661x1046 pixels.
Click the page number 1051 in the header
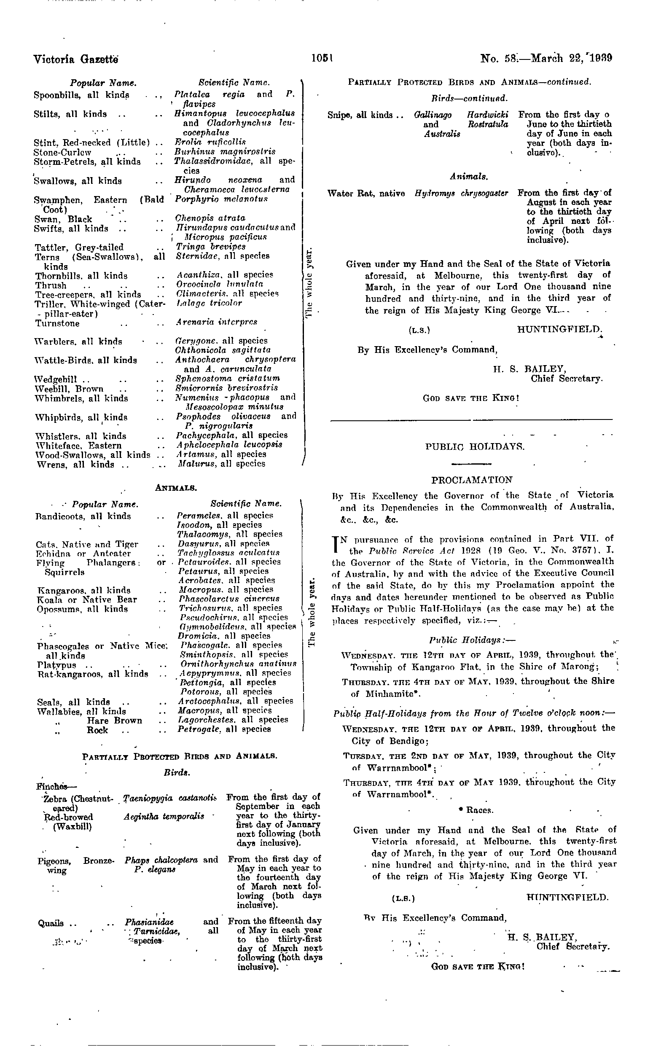[322, 58]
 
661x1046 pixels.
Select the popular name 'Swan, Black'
[63, 219]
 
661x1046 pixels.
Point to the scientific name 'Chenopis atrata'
[210, 218]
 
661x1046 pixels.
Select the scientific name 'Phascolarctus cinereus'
[229, 599]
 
